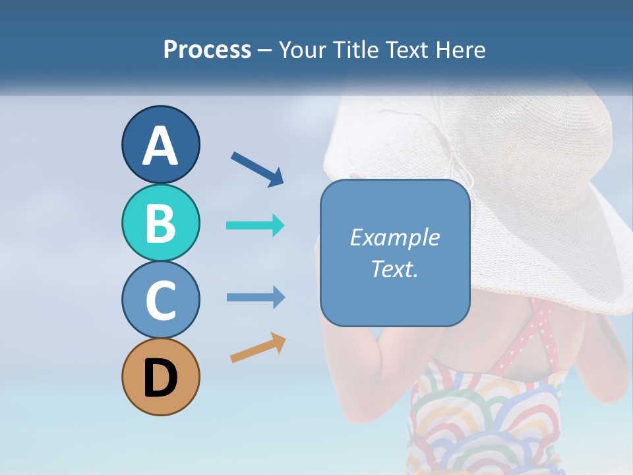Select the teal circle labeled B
pos(160,223)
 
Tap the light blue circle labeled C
pos(160,300)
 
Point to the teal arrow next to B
pos(255,226)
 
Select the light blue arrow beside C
pos(255,298)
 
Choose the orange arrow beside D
pos(258,348)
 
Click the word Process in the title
pos(207,50)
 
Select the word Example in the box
pos(394,237)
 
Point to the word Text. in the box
pos(394,269)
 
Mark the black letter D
pos(160,379)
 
